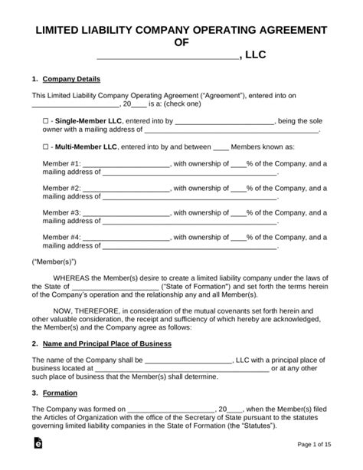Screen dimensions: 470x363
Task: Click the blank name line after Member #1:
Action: [x=126, y=165]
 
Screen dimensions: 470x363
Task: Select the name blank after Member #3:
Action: [x=126, y=212]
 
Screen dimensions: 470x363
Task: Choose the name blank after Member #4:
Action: [x=126, y=238]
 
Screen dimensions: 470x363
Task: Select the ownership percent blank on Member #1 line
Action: [x=238, y=165]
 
